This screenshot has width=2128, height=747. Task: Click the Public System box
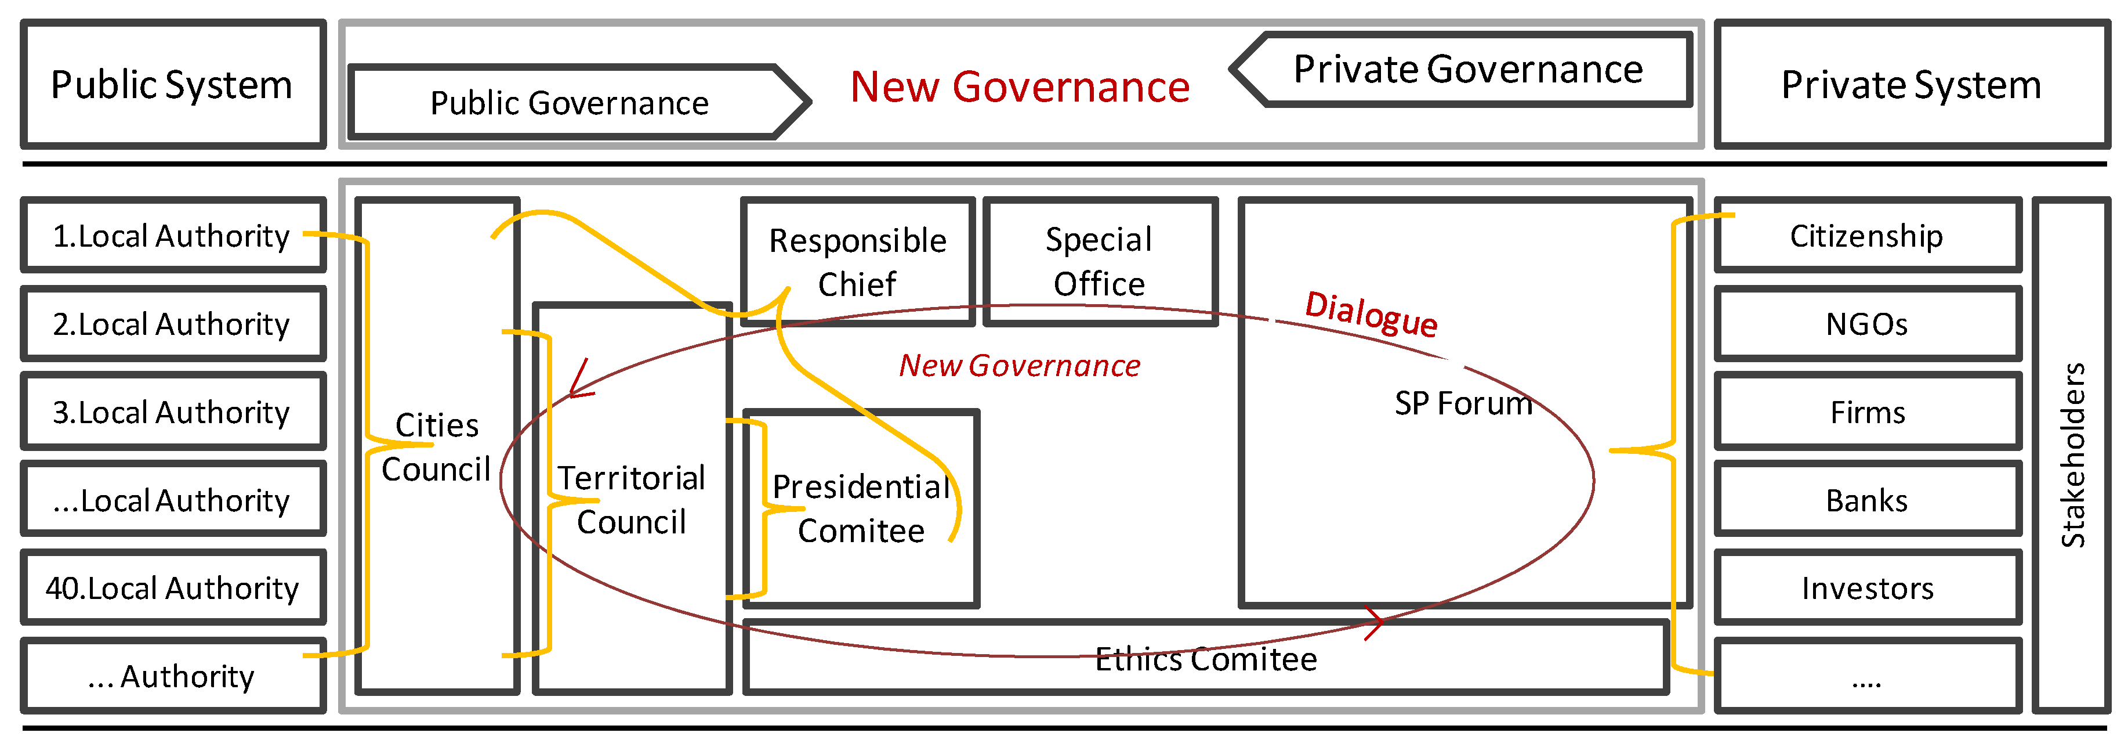tap(173, 84)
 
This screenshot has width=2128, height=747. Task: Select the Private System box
tap(1911, 84)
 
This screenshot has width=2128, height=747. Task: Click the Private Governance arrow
tap(1467, 70)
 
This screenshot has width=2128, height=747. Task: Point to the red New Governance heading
tap(1020, 86)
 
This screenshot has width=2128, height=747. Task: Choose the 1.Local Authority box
tap(173, 236)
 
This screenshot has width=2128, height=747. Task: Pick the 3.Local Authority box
tap(173, 412)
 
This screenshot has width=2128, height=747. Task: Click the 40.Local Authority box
tap(173, 587)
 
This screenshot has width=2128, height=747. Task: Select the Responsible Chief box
tap(857, 262)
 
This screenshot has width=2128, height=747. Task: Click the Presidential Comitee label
tap(861, 508)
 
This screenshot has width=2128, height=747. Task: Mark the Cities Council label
tap(437, 447)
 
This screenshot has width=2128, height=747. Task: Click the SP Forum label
tap(1463, 403)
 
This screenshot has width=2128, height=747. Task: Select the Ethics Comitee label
tap(1205, 659)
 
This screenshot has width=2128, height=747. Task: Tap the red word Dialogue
tap(1371, 314)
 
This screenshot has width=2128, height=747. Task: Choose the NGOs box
tap(1867, 324)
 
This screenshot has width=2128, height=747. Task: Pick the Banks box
tap(1867, 500)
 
